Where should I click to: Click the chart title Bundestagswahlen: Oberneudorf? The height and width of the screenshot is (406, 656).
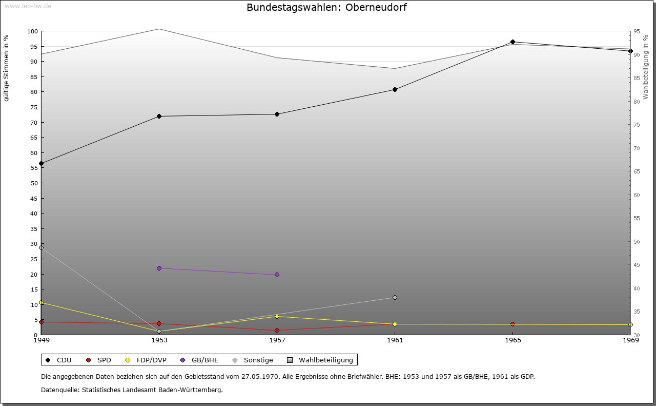pos(326,7)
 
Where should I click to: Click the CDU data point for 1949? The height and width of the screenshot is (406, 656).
pos(41,164)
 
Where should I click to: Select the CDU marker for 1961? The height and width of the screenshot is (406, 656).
pos(395,89)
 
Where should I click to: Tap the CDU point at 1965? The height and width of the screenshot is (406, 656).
pos(512,42)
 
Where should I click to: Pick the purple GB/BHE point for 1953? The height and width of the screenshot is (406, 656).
pos(159,268)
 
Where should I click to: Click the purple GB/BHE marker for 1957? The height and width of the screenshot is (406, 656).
pos(277,275)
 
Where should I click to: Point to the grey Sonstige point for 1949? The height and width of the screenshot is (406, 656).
pos(41,247)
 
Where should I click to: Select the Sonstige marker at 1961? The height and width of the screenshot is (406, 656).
pos(395,297)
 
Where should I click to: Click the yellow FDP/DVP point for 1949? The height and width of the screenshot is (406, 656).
pos(41,303)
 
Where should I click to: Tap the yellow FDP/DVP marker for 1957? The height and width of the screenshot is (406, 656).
pos(277,316)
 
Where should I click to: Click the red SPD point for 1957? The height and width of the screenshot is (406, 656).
pos(277,331)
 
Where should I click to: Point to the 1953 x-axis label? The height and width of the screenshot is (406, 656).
pos(159,340)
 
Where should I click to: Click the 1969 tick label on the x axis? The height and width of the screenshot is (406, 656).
pos(630,340)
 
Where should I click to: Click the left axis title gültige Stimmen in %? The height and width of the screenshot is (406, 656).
pos(7,68)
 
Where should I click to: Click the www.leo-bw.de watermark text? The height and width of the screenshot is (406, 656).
pos(28,6)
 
